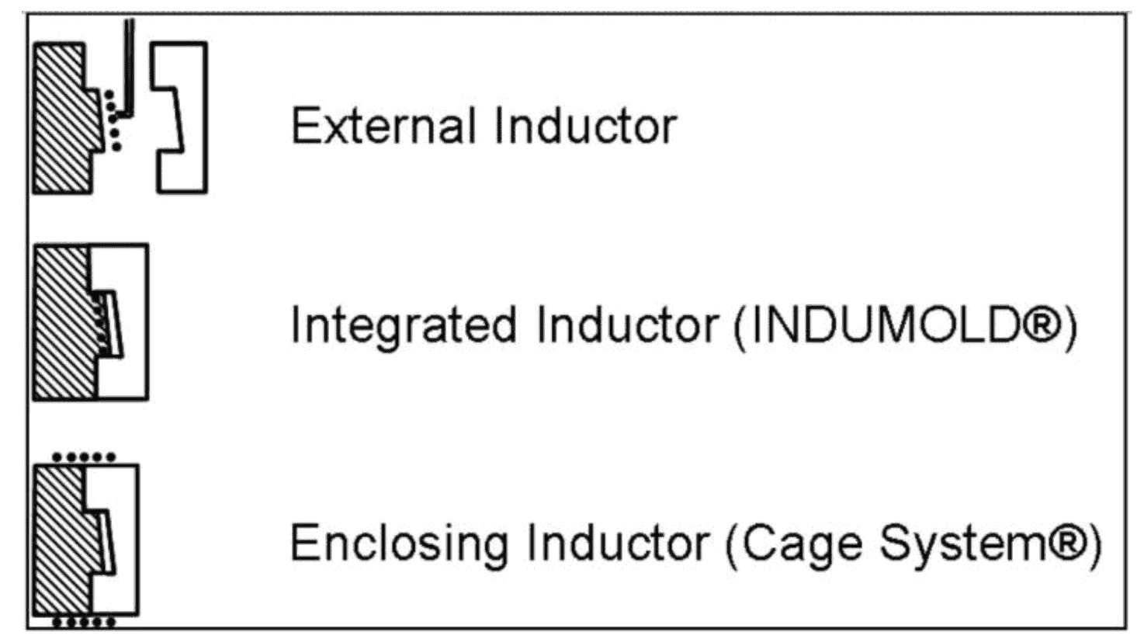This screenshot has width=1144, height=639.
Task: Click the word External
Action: click(383, 125)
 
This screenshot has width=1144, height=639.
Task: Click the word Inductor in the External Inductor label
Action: click(586, 125)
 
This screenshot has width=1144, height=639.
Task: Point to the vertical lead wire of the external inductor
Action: click(130, 67)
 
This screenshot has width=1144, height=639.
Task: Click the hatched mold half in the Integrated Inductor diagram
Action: click(64, 321)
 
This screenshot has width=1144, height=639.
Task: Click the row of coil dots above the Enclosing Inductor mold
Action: click(85, 457)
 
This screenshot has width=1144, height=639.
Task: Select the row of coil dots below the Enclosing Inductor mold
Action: click(85, 622)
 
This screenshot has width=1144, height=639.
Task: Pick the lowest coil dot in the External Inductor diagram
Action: click(117, 147)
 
